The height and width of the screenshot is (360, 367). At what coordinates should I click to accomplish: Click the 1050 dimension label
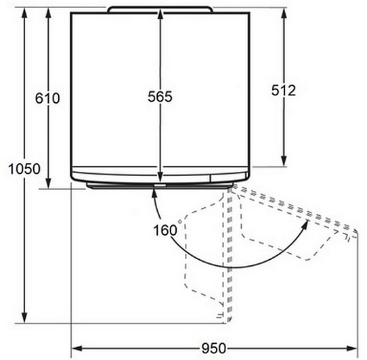(x=24, y=168)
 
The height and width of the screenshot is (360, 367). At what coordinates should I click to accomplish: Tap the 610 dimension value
(x=47, y=98)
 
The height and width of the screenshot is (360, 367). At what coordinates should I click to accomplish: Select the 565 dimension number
(x=160, y=96)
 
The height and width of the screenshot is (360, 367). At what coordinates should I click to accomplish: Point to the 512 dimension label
(x=284, y=90)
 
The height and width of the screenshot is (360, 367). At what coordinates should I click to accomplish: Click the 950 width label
(x=214, y=348)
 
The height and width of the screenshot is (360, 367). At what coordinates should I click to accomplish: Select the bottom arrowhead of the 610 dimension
(x=48, y=182)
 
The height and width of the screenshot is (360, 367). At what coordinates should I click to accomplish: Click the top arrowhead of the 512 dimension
(x=284, y=14)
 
